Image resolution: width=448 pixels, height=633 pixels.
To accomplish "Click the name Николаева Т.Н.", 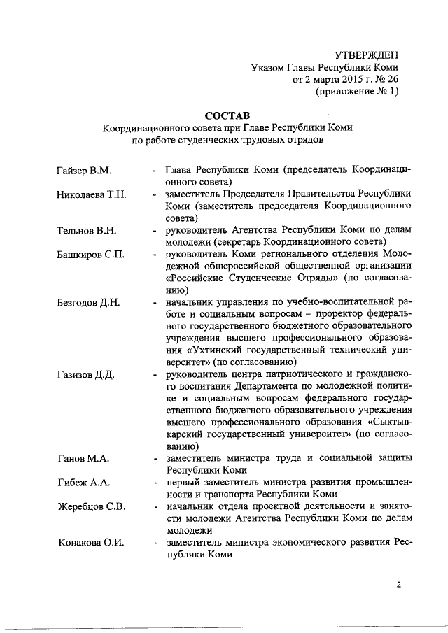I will (91, 194).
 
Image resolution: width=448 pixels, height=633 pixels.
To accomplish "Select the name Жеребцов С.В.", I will (90, 506).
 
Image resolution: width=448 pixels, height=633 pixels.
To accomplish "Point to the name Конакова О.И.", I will (90, 543).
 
